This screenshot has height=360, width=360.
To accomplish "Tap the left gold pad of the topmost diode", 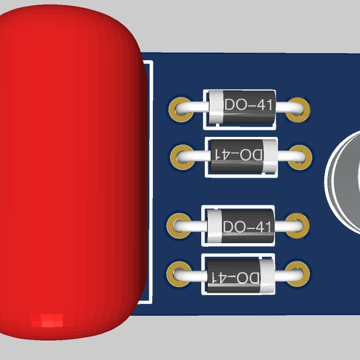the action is (x=181, y=110).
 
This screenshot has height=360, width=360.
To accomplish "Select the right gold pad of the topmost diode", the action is (x=298, y=110).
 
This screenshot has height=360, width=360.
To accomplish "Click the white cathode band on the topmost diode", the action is (x=216, y=107).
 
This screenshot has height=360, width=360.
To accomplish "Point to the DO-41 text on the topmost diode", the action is (x=249, y=104).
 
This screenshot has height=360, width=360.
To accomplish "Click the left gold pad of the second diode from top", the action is (x=183, y=157).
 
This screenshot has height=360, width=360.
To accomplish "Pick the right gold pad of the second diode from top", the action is (x=299, y=157).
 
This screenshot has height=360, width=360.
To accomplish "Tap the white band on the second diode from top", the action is (x=270, y=155).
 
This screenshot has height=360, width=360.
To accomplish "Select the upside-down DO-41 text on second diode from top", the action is (x=238, y=155).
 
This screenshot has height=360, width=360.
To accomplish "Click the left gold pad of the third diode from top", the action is (x=179, y=226).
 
